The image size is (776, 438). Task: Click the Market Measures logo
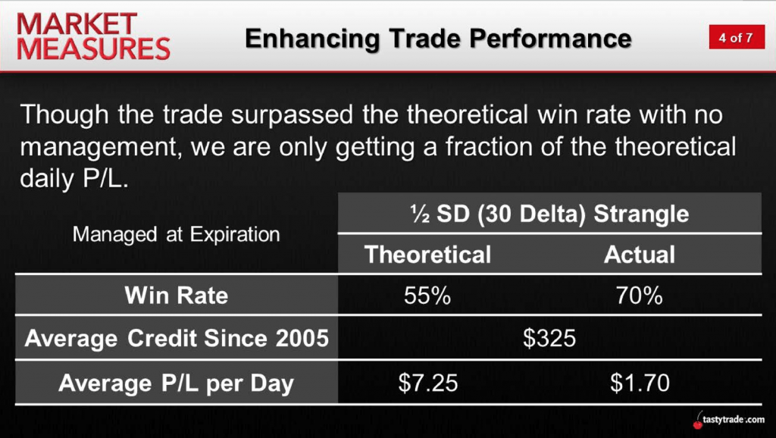93,36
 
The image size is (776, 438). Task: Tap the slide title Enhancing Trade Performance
438,39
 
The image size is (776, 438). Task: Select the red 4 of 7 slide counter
737,37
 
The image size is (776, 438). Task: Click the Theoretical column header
427,255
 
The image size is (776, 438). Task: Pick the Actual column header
640,255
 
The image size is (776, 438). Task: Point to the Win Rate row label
176,296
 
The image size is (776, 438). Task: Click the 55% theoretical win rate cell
427,296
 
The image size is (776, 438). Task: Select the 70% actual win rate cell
639,296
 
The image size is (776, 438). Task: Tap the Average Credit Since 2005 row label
177,339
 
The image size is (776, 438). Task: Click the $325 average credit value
549,339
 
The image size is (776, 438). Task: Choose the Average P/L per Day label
176,383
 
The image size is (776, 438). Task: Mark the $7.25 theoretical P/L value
428,383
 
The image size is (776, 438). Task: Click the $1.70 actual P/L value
640,383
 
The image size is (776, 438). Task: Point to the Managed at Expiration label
176,234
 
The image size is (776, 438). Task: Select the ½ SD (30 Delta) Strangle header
549,214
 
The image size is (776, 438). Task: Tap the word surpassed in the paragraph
292,115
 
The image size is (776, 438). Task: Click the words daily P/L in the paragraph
74,178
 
